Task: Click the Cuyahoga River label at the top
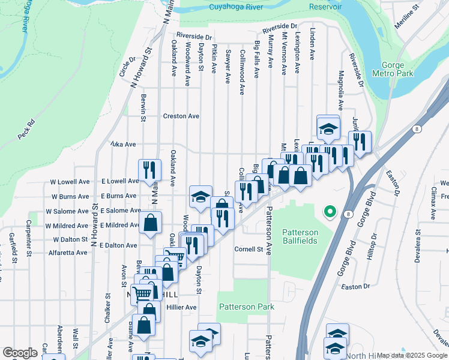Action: (x=219, y=7)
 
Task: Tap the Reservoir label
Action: (x=325, y=7)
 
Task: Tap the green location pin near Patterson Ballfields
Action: (x=329, y=211)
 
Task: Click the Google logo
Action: (x=20, y=353)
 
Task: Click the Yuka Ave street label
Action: (x=122, y=144)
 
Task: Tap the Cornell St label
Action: (x=249, y=249)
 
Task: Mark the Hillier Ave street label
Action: (x=182, y=307)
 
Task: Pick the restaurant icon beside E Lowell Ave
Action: (x=149, y=170)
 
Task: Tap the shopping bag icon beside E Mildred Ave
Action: (x=149, y=223)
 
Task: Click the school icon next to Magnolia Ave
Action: (x=328, y=128)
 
